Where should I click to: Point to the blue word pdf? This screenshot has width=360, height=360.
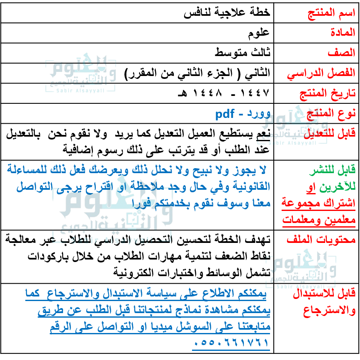225,114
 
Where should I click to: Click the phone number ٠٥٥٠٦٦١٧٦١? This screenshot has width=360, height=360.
231,343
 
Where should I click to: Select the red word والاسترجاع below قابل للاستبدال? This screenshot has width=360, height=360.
329,311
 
